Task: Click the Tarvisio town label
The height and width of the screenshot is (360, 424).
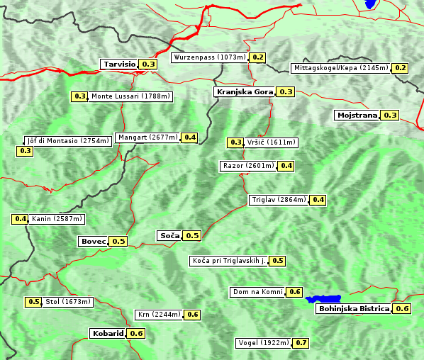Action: [118, 64]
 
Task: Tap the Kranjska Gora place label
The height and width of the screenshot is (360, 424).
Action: [244, 92]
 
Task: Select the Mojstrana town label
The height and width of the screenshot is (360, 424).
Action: [357, 115]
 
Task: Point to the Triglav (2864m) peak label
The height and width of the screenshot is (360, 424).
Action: [279, 200]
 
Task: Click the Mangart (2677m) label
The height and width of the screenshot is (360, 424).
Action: [148, 137]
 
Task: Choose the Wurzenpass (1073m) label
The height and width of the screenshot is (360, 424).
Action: [210, 57]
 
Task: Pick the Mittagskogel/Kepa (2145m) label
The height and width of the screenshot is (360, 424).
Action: [340, 68]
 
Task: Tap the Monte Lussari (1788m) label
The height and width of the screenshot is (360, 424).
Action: [130, 96]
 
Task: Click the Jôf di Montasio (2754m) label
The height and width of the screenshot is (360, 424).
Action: [68, 140]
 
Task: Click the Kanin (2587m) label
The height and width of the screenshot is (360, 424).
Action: [57, 219]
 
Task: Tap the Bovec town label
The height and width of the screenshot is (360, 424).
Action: [93, 241]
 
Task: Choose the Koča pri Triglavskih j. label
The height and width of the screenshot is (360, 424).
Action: [228, 261]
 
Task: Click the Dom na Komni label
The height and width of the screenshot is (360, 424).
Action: [257, 292]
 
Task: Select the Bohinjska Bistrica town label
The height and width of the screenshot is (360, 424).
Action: [354, 309]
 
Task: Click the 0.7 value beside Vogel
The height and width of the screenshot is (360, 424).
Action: [301, 343]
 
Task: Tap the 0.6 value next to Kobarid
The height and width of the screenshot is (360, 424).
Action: [136, 334]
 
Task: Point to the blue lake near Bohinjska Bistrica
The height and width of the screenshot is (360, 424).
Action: [323, 299]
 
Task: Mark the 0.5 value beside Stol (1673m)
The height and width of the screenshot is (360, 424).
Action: [33, 302]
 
